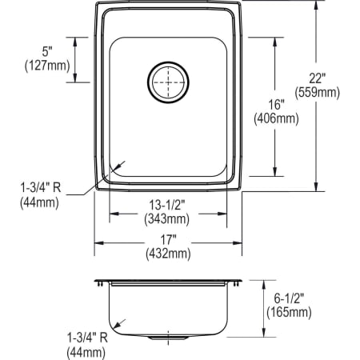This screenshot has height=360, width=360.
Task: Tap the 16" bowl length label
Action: point(276,106)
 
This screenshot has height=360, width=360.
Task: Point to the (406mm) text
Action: point(276,120)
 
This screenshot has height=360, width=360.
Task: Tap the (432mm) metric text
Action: point(169,254)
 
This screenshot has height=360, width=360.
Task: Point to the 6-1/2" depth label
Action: point(289,298)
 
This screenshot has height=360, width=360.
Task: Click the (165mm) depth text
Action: point(289,312)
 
